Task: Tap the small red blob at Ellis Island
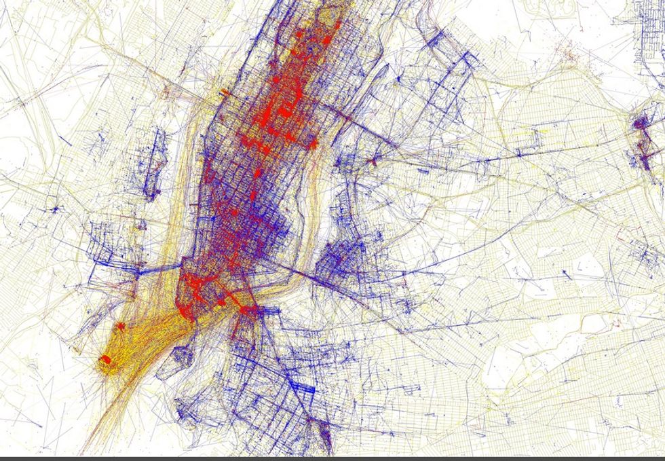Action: click(x=121, y=327)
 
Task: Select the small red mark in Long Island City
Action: click(x=375, y=162)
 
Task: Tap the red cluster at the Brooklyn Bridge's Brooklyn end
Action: click(x=250, y=310)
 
